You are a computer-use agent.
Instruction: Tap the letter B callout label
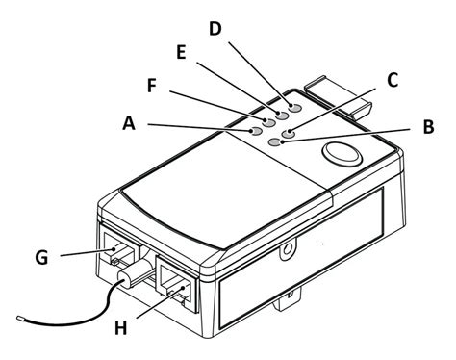click(428, 126)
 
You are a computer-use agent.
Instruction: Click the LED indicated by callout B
click(277, 141)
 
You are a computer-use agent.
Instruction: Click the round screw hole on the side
click(286, 251)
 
